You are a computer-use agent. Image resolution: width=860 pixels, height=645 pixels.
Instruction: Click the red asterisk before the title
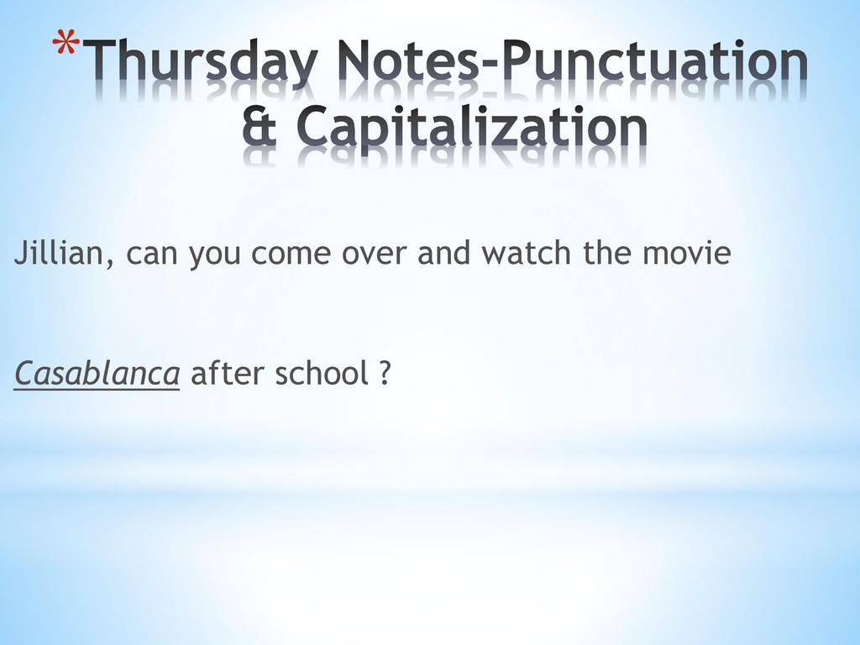(x=66, y=45)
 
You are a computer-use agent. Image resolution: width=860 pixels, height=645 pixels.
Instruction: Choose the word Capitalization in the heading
(x=472, y=128)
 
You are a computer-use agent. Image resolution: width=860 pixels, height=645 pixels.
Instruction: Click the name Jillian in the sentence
(x=58, y=252)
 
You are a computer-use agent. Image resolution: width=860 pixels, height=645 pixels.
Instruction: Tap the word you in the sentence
(x=214, y=257)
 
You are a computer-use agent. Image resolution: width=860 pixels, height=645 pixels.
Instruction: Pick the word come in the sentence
(x=291, y=255)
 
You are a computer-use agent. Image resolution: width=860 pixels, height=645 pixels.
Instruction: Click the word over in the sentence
(x=374, y=255)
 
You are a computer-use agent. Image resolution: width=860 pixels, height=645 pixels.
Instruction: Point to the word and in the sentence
(x=443, y=253)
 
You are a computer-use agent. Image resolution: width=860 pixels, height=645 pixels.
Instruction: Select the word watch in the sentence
(x=526, y=253)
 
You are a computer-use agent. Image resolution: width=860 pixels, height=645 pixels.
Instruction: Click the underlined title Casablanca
(x=97, y=374)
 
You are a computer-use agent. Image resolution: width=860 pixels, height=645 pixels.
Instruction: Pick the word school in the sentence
(x=321, y=373)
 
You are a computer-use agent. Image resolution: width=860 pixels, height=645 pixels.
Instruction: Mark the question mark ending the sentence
(x=385, y=373)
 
